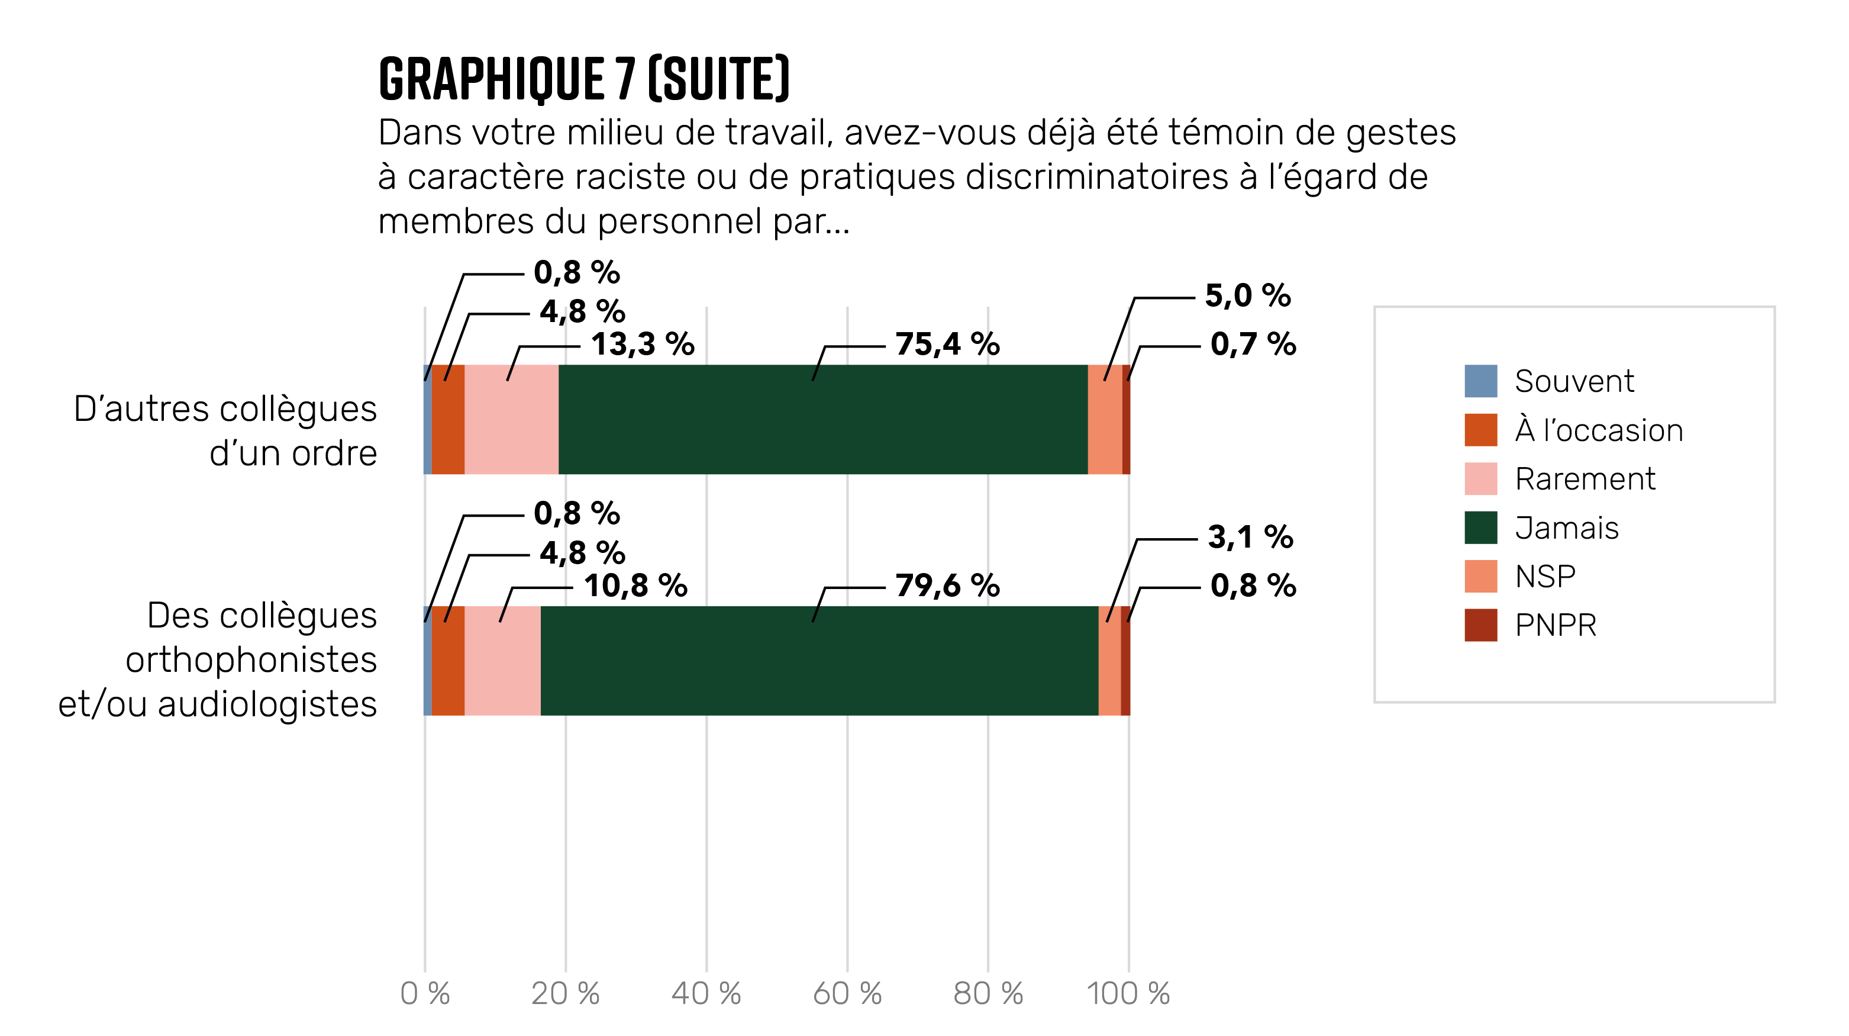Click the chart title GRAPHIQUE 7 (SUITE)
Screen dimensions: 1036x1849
[x=583, y=79]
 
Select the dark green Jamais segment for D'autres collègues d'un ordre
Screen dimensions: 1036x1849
[x=822, y=419]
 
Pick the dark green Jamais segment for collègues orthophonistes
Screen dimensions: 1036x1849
[x=819, y=661]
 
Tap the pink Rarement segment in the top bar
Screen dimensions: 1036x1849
[x=511, y=419]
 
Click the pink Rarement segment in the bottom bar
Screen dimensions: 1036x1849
[x=502, y=661]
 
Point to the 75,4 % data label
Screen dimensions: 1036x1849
[x=947, y=345]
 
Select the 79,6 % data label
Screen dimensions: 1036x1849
[x=947, y=586]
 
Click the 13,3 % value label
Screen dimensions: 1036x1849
[x=643, y=345]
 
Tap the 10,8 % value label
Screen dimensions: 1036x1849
[x=635, y=586]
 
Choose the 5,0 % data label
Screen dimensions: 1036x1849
[x=1247, y=296]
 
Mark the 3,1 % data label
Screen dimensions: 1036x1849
[x=1250, y=537]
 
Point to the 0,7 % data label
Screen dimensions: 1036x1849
[x=1253, y=345]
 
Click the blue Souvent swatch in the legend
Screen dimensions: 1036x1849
[x=1480, y=381]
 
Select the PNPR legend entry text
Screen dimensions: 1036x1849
[x=1556, y=625]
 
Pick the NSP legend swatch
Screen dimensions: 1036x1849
[x=1480, y=577]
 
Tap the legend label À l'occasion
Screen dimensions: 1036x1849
[x=1599, y=430]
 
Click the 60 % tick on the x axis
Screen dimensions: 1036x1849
[x=847, y=993]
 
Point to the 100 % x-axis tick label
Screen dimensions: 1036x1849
[x=1128, y=993]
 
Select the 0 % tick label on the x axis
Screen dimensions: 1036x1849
[x=425, y=993]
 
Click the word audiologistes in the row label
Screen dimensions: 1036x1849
[x=267, y=703]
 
